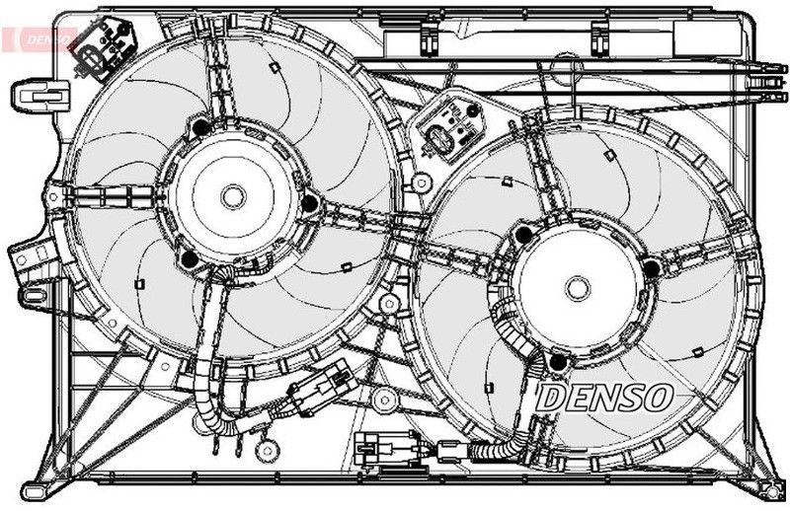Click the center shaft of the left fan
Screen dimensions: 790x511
233,196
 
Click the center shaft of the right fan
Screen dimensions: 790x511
578,289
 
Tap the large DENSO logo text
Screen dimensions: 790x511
604,397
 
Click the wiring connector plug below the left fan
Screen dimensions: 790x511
323,387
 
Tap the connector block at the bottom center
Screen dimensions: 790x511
384,448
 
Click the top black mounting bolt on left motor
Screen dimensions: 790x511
201,127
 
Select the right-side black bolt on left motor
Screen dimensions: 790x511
309,203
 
